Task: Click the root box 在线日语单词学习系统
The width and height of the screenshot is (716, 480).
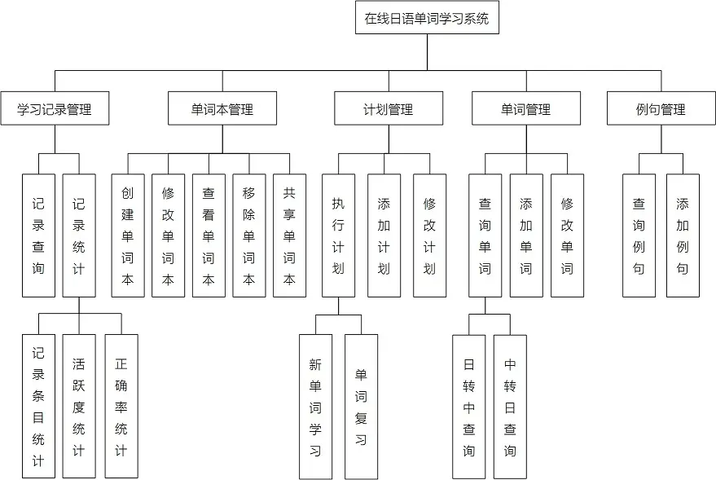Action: (x=426, y=18)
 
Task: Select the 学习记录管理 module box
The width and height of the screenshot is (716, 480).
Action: (x=55, y=108)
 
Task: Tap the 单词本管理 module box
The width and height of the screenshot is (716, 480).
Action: (x=222, y=108)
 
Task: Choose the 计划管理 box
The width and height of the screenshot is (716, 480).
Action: (x=389, y=108)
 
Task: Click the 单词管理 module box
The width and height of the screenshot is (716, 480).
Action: (x=526, y=108)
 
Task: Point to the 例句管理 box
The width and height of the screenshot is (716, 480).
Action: (x=661, y=108)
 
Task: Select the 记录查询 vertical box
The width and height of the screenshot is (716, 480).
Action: (x=38, y=236)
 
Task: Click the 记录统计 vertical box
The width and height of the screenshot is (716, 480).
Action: (x=79, y=236)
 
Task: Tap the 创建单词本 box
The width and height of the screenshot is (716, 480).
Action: (x=128, y=236)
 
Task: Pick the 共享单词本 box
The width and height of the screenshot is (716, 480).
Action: (x=289, y=236)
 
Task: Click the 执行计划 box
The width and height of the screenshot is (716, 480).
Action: (x=338, y=236)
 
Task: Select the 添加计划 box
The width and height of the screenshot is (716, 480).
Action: (x=384, y=236)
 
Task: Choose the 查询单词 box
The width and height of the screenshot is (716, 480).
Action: (x=485, y=236)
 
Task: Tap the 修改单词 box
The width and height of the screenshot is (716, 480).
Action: (x=567, y=236)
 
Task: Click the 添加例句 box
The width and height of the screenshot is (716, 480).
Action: (x=683, y=236)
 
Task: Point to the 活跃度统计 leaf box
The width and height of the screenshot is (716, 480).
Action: (x=79, y=406)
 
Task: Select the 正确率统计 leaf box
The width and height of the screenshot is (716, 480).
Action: (x=121, y=406)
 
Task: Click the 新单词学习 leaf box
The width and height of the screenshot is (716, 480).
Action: (x=315, y=407)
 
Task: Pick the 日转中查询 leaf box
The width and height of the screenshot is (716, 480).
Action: (x=469, y=407)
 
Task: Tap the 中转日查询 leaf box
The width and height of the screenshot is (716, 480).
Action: (x=510, y=407)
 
